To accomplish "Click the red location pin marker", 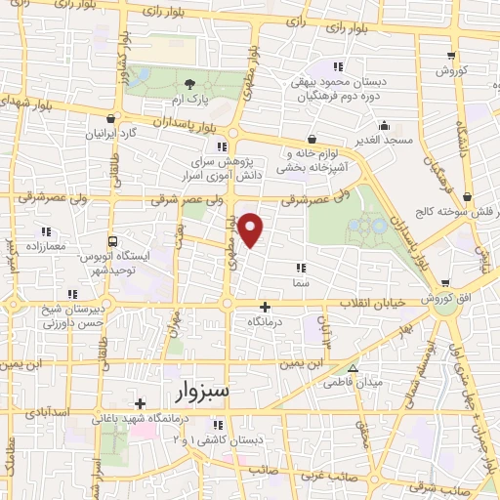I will [252, 229].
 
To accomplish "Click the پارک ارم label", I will [180, 100].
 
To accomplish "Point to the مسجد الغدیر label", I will [384, 142].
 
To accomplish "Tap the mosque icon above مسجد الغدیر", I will [384, 125].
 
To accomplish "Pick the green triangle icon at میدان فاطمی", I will [354, 369].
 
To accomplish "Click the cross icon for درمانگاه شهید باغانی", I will [141, 402].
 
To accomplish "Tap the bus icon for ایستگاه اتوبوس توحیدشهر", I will [113, 240].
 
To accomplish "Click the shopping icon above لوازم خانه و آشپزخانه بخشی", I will [311, 139].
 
